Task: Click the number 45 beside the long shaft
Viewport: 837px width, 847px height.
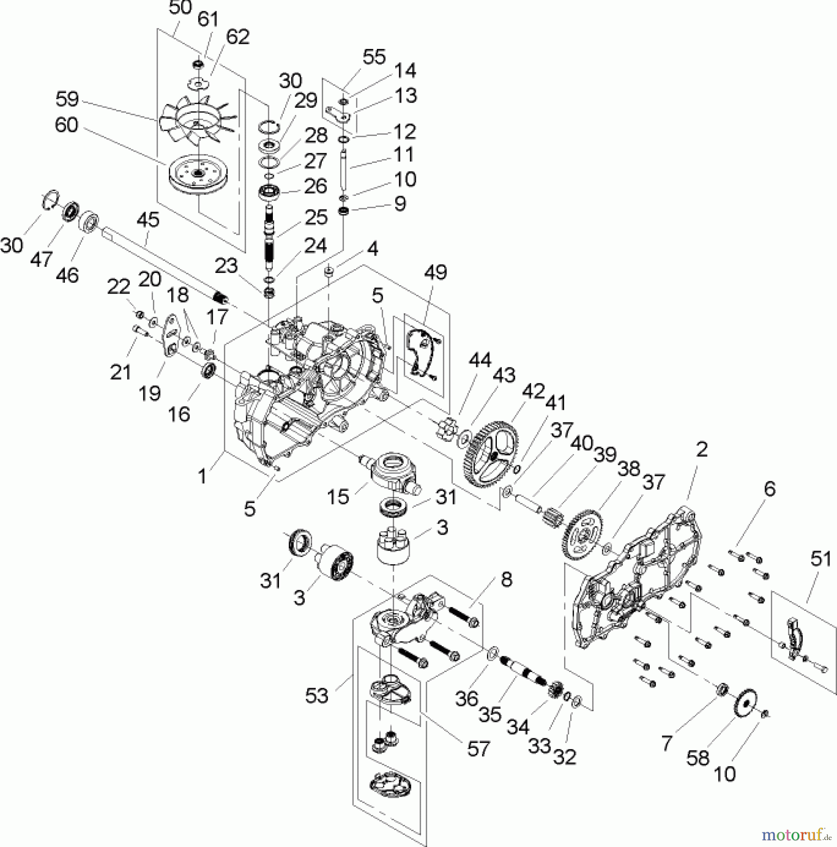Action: click(x=148, y=220)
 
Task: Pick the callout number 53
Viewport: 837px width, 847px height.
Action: click(x=316, y=695)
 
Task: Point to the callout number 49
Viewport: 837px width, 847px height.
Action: click(x=435, y=272)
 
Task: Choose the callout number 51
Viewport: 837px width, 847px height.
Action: click(x=821, y=559)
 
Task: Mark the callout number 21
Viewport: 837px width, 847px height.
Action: click(x=120, y=373)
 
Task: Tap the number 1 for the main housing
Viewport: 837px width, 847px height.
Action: click(x=203, y=477)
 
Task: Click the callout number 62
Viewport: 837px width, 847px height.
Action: click(x=238, y=37)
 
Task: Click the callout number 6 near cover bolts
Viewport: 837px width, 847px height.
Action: click(x=769, y=489)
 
